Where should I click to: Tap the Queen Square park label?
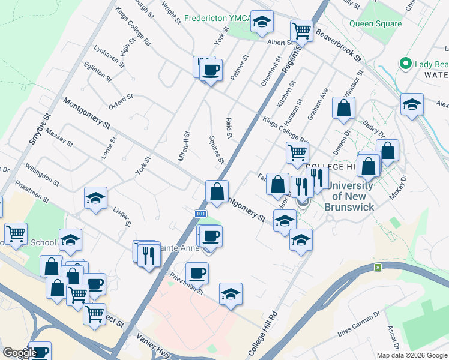[375, 24]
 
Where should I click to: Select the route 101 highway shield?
[201, 214]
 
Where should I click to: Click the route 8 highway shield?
[378, 268]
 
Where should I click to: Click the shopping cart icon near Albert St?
[301, 30]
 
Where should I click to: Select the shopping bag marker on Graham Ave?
[344, 108]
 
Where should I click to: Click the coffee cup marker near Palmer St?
[211, 70]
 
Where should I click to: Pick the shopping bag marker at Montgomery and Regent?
[217, 192]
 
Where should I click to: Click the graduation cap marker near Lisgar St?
[95, 199]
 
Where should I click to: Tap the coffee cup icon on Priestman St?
[197, 274]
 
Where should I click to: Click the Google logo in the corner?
[19, 353]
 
